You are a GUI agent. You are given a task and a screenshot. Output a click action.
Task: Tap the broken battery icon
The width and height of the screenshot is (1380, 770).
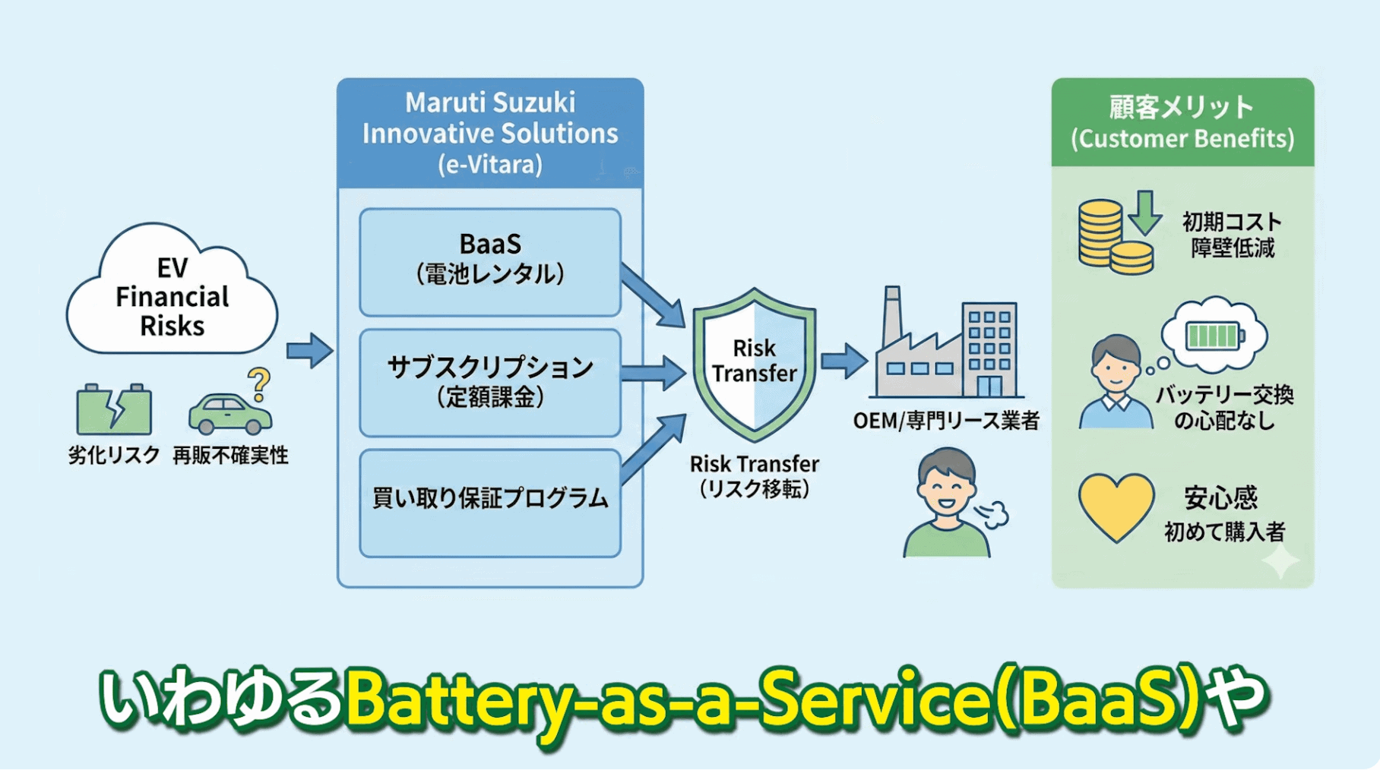114,410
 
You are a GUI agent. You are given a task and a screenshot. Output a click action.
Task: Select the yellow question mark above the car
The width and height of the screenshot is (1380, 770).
260,383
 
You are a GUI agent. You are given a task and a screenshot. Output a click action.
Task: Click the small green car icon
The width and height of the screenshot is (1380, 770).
229,415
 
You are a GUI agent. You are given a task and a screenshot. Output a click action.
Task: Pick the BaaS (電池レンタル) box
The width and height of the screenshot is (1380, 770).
490,261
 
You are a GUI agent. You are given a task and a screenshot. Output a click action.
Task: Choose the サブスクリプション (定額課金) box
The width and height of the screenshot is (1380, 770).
490,382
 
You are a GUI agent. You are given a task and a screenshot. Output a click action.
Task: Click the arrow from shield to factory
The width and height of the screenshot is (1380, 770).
844,361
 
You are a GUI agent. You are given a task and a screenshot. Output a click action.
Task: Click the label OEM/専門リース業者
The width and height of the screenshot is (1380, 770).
946,421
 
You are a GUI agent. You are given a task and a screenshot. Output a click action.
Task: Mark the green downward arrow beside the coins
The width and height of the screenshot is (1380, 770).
1145,213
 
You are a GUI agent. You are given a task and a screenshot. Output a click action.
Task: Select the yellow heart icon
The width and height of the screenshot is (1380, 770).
1116,505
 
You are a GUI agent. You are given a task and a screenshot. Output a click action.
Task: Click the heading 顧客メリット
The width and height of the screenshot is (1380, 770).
1182,107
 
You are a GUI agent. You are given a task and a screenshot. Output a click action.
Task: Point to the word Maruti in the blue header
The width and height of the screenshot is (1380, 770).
440,103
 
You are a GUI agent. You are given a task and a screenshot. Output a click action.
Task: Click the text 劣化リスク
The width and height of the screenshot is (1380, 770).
114,455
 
